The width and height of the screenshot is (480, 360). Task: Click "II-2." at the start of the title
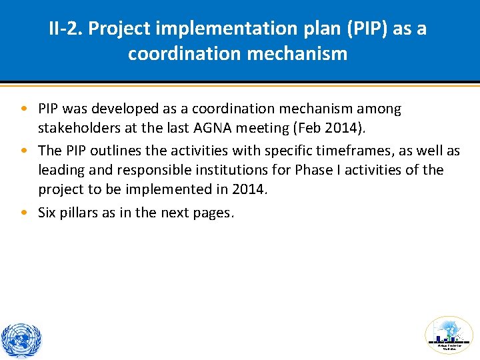click(65, 29)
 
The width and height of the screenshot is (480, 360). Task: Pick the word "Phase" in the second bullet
click(317, 170)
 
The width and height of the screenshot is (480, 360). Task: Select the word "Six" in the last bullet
click(47, 213)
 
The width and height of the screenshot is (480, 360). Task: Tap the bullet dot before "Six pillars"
click(24, 213)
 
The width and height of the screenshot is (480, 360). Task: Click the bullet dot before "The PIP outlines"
click(24, 151)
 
